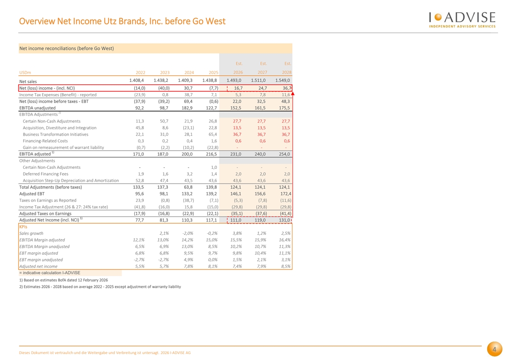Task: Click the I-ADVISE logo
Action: tap(462, 20)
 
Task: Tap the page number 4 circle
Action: tap(494, 349)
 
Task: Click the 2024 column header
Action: tap(189, 73)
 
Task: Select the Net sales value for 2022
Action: tap(137, 80)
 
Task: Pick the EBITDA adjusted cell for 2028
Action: tap(284, 154)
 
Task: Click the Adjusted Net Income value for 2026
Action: tap(235, 220)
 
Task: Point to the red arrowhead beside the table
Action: tap(293, 94)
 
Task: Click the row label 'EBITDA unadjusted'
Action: tap(37, 108)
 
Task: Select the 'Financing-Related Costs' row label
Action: tap(45, 141)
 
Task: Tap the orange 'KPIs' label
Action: tap(23, 227)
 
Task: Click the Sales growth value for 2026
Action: tap(237, 233)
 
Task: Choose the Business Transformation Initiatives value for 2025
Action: tap(213, 134)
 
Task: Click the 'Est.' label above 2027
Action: tap(263, 64)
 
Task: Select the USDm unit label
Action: tap(25, 73)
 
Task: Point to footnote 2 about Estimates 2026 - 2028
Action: tap(100, 286)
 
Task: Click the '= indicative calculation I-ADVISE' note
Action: tap(49, 273)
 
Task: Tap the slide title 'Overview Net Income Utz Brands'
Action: tap(122, 21)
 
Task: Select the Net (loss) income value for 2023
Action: tap(164, 88)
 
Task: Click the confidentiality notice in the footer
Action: tap(105, 353)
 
